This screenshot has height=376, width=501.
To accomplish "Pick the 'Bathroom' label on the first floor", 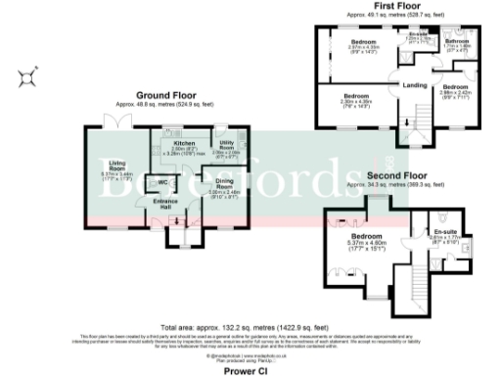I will click(x=459, y=41).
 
